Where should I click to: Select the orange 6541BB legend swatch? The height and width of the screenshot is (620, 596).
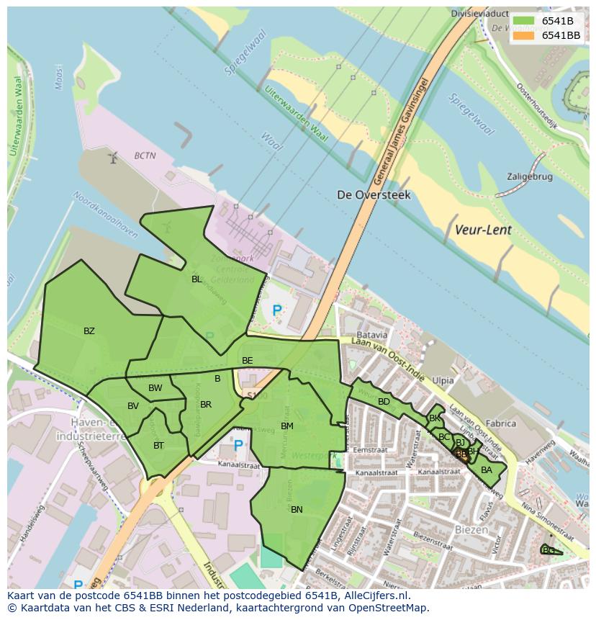pyautogui.click(x=525, y=35)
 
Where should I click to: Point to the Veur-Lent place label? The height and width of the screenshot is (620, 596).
pyautogui.click(x=483, y=230)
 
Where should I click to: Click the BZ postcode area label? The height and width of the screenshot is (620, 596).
pyautogui.click(x=89, y=331)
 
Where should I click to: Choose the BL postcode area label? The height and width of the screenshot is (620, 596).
pyautogui.click(x=197, y=279)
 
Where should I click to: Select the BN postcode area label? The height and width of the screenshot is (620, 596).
pyautogui.click(x=297, y=509)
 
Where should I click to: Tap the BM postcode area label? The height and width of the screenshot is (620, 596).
pyautogui.click(x=287, y=426)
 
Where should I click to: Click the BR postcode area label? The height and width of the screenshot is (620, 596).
pyautogui.click(x=206, y=405)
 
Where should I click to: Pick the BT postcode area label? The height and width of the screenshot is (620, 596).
pyautogui.click(x=158, y=446)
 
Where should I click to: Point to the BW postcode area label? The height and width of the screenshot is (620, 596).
pyautogui.click(x=155, y=388)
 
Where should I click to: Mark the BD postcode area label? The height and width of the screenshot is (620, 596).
pyautogui.click(x=384, y=401)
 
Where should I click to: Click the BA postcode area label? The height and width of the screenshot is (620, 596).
pyautogui.click(x=487, y=470)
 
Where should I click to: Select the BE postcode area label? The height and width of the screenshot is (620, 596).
pyautogui.click(x=247, y=360)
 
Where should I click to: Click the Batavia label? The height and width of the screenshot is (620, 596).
pyautogui.click(x=371, y=335)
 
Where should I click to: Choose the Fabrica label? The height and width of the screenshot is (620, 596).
pyautogui.click(x=501, y=423)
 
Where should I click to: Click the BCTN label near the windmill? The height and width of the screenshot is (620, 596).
pyautogui.click(x=145, y=155)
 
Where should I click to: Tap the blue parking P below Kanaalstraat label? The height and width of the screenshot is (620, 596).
pyautogui.click(x=238, y=446)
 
